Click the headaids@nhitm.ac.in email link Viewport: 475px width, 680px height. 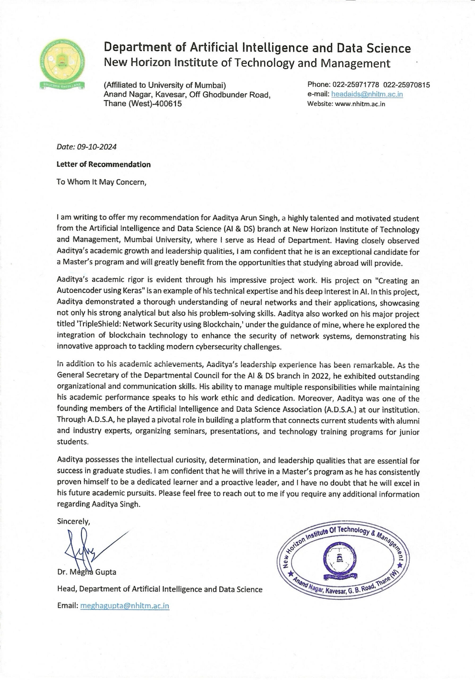click(367, 94)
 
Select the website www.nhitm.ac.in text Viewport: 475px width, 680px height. click(360, 104)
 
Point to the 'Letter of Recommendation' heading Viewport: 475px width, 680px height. click(104, 164)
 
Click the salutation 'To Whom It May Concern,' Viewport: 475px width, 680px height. click(101, 182)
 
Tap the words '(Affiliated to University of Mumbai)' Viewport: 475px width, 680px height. click(165, 85)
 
